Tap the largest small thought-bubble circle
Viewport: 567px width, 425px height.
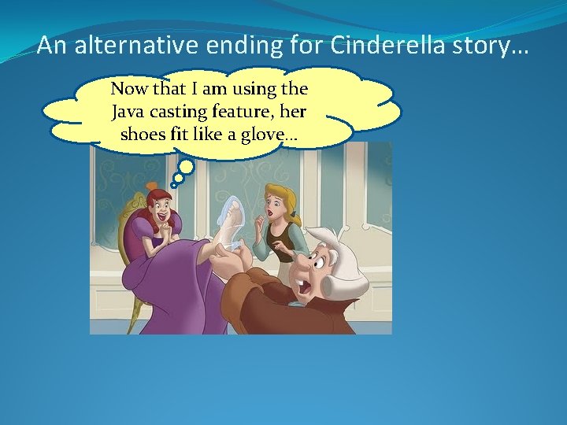[187, 166]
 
